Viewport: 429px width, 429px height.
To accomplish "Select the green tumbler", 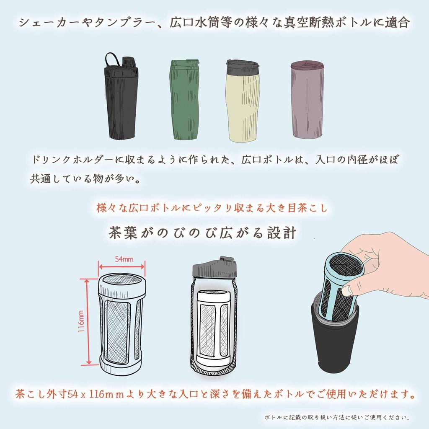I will coord(184,101).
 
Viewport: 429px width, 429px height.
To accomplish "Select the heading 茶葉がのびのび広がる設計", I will coord(203,233).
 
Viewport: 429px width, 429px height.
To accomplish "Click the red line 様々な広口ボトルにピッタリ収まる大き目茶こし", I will coord(212,208).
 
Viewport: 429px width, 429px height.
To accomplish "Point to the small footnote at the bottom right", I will coord(337,417).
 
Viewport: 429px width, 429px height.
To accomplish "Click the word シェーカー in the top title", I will coord(42,23).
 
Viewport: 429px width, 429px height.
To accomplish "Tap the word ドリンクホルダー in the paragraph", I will coord(67,160).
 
